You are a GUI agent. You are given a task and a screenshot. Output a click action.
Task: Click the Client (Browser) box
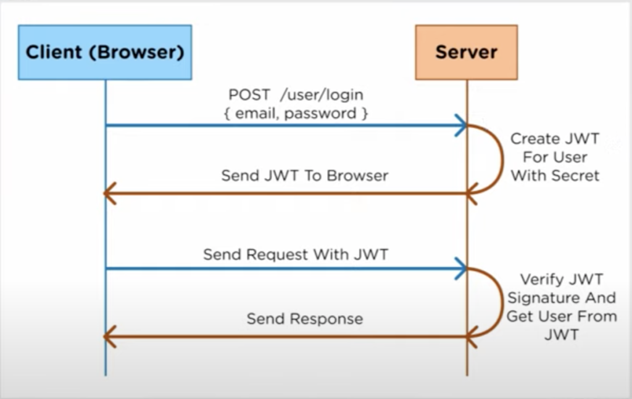(104, 52)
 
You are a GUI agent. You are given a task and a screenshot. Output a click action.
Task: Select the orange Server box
(466, 52)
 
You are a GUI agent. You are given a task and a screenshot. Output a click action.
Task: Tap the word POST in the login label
(249, 95)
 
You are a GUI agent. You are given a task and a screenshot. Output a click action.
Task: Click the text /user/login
(322, 95)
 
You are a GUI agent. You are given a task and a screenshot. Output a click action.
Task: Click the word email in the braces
(256, 113)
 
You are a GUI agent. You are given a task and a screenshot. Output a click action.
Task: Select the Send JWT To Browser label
(304, 176)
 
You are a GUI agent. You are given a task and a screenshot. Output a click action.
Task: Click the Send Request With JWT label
(296, 254)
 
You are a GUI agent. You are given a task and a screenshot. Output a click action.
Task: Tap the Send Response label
(304, 319)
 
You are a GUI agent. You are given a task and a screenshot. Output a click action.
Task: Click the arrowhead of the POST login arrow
(460, 125)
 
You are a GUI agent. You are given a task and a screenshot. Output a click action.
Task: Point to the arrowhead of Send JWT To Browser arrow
(110, 193)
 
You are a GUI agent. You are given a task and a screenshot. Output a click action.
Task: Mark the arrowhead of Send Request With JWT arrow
(460, 269)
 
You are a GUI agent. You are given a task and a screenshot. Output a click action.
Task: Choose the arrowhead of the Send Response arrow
(110, 337)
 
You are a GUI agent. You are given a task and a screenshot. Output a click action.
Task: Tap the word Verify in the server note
(541, 279)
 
